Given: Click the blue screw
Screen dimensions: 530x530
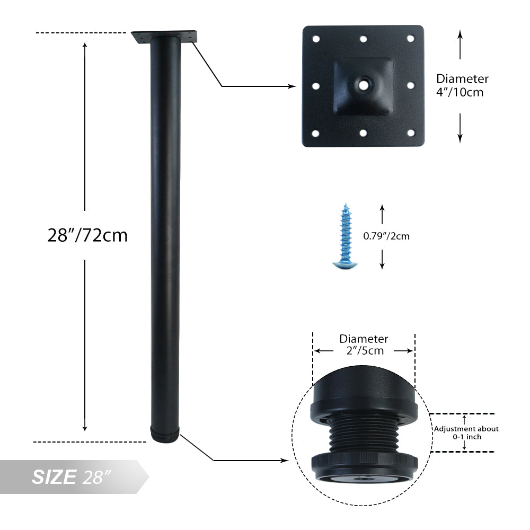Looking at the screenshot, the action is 345,236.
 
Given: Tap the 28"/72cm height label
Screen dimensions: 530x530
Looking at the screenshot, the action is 87,235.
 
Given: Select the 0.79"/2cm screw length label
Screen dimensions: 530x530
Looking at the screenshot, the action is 386,236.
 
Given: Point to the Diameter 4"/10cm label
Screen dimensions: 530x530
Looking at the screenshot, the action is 462,85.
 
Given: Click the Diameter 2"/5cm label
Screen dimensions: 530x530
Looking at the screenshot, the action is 364,345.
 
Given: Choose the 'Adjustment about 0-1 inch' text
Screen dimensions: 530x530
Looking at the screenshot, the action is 466,432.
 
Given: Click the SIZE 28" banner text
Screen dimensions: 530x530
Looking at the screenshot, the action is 72,477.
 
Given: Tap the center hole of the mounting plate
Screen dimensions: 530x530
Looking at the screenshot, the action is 364,85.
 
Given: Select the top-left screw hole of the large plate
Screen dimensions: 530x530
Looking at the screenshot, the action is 316,39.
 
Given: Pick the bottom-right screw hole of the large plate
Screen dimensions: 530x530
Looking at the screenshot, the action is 411,133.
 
